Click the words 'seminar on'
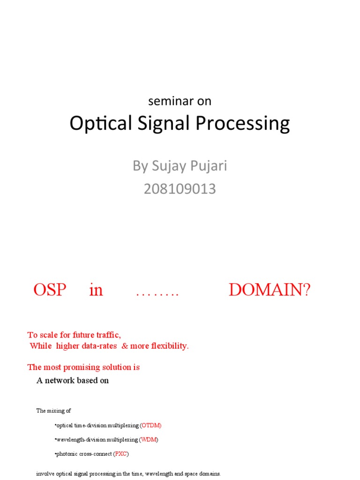[x=180, y=101]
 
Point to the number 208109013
[x=180, y=189]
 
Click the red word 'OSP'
[x=50, y=290]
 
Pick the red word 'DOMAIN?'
[x=269, y=290]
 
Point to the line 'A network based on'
[x=73, y=380]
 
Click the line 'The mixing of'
[x=53, y=411]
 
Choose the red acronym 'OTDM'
[x=151, y=425]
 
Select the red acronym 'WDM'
[x=149, y=440]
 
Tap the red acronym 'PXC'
[x=121, y=454]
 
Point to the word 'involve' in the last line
[x=45, y=473]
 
